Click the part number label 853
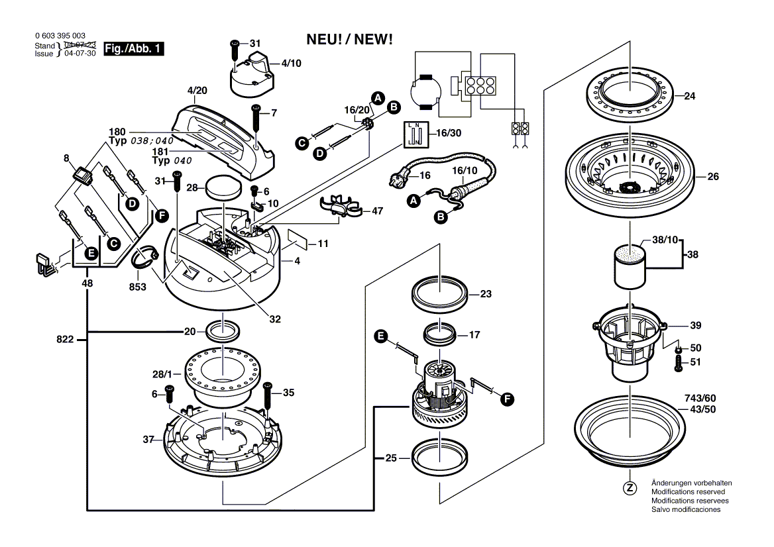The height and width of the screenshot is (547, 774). pyautogui.click(x=138, y=287)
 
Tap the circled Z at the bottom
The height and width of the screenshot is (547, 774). pyautogui.click(x=630, y=488)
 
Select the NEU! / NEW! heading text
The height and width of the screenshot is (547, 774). pyautogui.click(x=350, y=40)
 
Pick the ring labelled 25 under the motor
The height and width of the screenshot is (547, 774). pyautogui.click(x=439, y=457)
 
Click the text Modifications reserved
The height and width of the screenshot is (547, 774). pyautogui.click(x=688, y=492)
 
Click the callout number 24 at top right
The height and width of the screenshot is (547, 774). pyautogui.click(x=690, y=96)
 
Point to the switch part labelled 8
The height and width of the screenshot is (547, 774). pyautogui.click(x=82, y=175)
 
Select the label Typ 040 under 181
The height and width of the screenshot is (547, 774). pyautogui.click(x=170, y=161)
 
